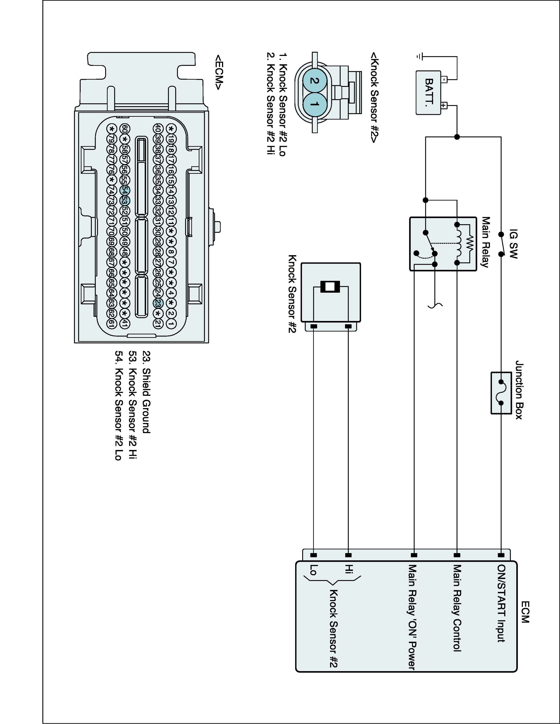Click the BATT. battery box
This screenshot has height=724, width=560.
point(428,93)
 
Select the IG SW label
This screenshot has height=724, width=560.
point(513,244)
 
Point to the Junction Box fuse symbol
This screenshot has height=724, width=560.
point(501,393)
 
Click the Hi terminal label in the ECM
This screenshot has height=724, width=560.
point(349,569)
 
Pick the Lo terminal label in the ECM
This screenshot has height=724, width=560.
point(313,570)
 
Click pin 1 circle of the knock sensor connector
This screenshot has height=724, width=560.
point(315,104)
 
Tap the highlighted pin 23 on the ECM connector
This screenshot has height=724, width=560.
point(158,303)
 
